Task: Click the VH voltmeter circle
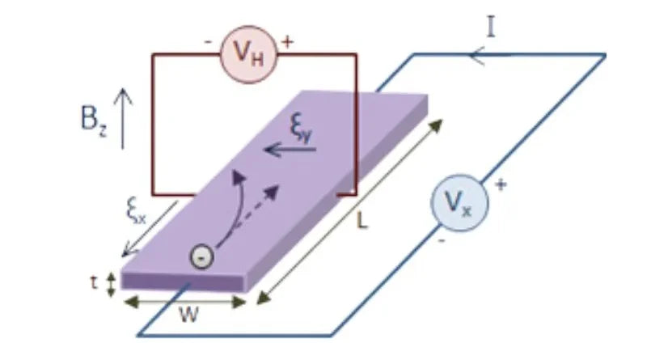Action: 248,55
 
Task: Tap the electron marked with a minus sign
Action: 200,256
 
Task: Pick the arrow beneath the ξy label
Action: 288,148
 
